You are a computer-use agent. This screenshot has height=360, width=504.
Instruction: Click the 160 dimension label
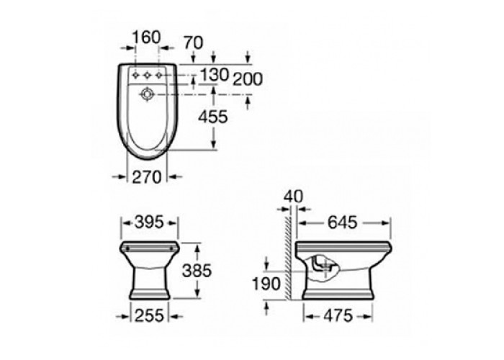click(146, 37)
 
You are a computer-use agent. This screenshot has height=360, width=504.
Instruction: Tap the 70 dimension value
click(193, 42)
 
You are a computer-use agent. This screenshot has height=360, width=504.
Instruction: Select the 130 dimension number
click(215, 75)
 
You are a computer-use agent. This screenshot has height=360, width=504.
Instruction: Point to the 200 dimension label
click(248, 79)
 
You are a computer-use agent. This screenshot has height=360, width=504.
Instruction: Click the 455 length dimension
click(213, 117)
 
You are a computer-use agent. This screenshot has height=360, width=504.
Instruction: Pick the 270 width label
click(147, 177)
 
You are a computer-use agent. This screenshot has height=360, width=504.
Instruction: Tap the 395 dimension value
click(150, 222)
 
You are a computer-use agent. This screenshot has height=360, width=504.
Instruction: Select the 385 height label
click(197, 270)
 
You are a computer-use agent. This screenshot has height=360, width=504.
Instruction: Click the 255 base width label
click(150, 316)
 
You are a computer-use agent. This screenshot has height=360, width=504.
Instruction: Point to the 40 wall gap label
click(294, 197)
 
